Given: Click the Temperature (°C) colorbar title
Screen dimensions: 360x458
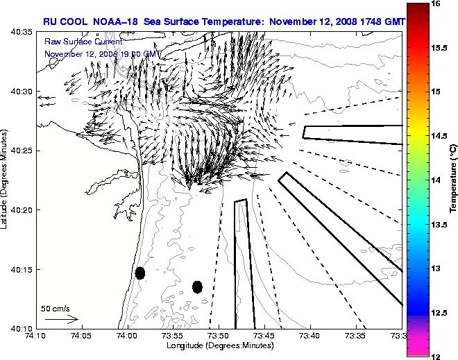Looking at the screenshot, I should (x=452, y=180).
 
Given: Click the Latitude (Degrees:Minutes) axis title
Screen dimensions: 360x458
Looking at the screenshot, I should (x=6, y=180).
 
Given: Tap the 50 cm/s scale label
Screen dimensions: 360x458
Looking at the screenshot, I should (x=56, y=308).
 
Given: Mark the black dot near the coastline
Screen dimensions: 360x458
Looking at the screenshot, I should (x=140, y=273).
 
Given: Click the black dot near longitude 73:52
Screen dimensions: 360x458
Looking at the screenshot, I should (x=197, y=286).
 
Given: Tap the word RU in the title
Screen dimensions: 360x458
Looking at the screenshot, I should (x=50, y=22).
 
